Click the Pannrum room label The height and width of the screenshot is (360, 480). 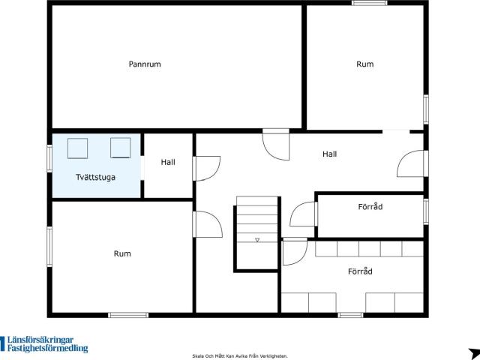coord(145,64)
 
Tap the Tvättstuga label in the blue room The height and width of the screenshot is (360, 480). coord(95,177)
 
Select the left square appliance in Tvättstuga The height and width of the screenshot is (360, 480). coord(77,148)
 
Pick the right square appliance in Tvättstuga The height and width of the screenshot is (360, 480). coord(120,148)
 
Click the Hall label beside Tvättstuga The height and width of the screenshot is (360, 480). coord(168,162)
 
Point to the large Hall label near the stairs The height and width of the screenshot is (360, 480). coord(330,154)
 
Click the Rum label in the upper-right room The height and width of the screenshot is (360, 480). coord(365,64)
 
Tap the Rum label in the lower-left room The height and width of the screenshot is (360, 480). coord(122,253)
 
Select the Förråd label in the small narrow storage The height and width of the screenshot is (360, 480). coord(370,207)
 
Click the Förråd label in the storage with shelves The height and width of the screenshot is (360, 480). coord(360,271)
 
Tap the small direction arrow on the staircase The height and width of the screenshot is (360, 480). coord(257,240)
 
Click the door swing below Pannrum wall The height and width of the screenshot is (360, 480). coord(276,145)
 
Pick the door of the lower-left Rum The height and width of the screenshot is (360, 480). coord(208,224)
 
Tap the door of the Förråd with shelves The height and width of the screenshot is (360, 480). coord(295,251)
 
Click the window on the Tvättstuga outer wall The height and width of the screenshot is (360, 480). coord(49,158)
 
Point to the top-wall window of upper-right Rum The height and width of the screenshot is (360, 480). coord(370,3)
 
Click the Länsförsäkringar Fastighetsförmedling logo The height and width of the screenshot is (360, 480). coord(44,344)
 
